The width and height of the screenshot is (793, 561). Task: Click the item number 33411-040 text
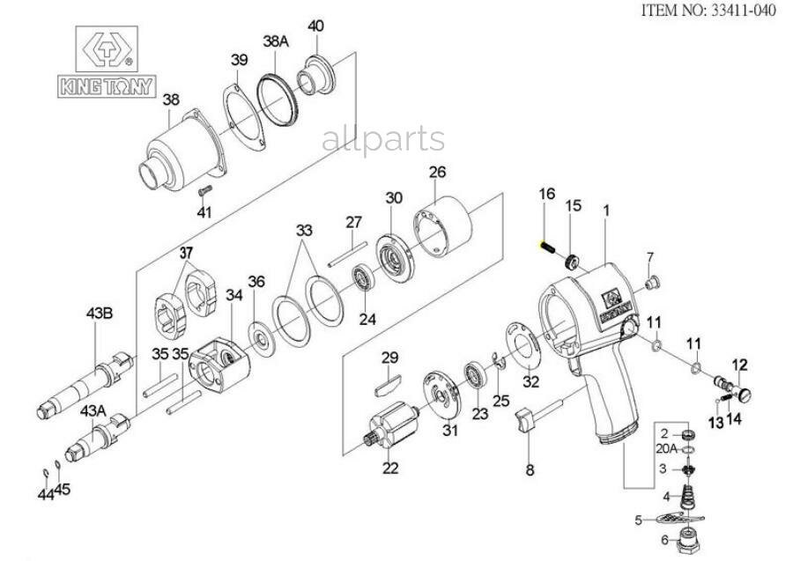pyautogui.click(x=709, y=12)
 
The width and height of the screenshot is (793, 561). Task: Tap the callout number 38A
pyautogui.click(x=275, y=41)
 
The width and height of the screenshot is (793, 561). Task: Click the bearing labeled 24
pyautogui.click(x=363, y=279)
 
